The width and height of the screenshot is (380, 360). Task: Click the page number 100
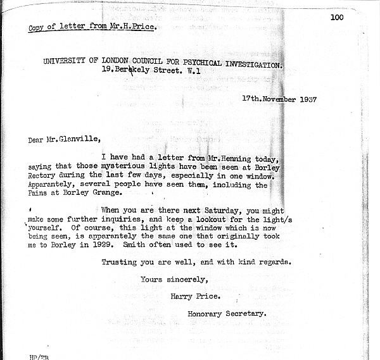pos(336,17)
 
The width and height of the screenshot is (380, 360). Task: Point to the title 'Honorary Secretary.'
pos(227,313)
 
